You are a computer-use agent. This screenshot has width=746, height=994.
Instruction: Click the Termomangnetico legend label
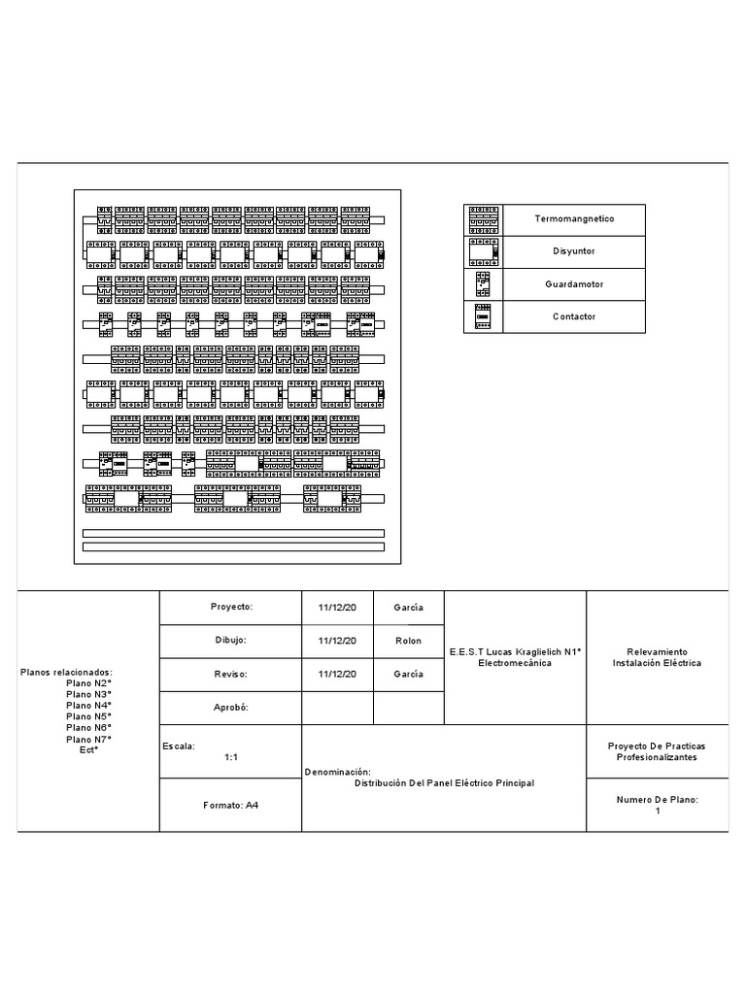[574, 219]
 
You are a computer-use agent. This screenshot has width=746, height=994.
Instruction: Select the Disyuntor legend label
[574, 251]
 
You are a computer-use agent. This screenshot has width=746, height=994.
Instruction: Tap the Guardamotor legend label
[574, 284]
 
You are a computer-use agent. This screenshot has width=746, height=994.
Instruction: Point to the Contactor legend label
[574, 317]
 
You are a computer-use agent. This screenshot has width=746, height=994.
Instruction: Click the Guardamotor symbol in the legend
[483, 284]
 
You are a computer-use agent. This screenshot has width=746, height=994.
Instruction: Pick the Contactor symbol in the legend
[483, 317]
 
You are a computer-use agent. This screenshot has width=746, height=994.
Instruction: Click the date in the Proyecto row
[337, 608]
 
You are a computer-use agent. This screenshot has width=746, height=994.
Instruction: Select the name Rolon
[408, 641]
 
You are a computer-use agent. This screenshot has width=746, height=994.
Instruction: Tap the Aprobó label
[231, 708]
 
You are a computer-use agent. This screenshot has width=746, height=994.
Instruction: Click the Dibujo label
[231, 641]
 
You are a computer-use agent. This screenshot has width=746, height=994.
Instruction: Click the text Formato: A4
[231, 805]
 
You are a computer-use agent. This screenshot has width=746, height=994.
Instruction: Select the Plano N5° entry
[88, 716]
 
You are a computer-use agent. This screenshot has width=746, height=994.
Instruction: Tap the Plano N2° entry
[88, 683]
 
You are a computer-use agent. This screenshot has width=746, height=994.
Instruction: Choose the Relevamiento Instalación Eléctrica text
[657, 657]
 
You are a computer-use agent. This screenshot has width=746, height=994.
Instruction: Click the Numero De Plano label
[658, 800]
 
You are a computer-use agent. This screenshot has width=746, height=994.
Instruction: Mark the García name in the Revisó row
[408, 674]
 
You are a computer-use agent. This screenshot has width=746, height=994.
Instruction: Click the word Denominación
[338, 772]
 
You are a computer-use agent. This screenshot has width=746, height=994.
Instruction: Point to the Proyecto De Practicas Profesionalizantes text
[657, 751]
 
